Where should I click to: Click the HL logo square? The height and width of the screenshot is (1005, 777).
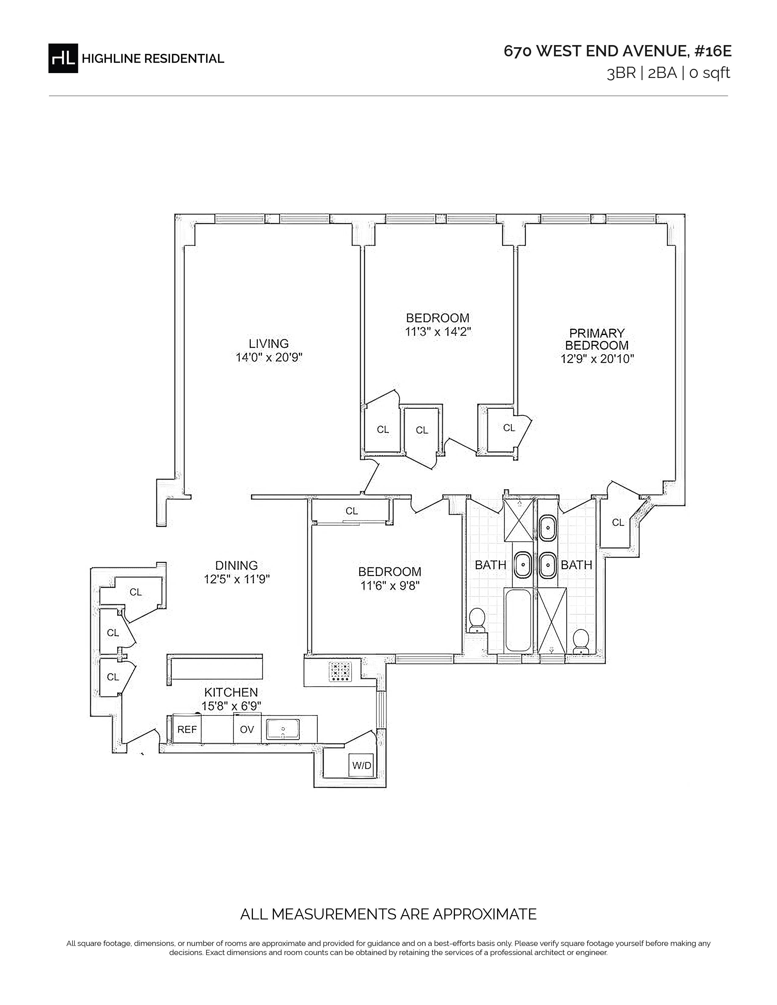tap(63, 58)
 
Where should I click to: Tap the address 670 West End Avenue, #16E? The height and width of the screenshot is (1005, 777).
tap(617, 51)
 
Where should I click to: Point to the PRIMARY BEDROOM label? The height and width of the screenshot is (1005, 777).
tap(597, 339)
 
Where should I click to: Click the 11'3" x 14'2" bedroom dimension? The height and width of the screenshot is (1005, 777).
tap(438, 332)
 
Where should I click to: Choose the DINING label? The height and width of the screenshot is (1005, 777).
tap(236, 565)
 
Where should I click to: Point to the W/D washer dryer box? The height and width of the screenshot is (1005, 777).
tap(361, 765)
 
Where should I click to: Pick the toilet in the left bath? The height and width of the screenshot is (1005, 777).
tap(477, 620)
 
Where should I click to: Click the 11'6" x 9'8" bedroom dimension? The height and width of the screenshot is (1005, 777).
tap(390, 586)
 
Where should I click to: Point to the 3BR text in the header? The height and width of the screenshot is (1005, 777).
tap(621, 73)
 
